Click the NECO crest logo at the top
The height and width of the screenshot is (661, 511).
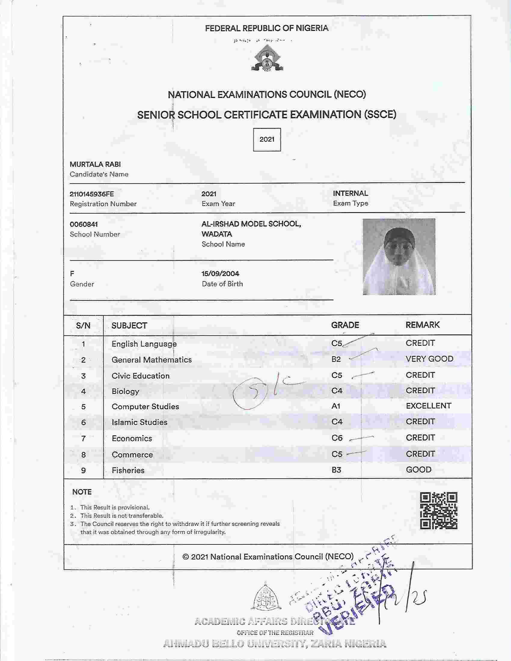coord(267,58)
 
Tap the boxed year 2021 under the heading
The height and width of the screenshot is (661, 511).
coord(267,139)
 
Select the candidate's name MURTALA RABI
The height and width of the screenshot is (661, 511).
coord(95,164)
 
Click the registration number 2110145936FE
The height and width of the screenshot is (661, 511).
coord(92,194)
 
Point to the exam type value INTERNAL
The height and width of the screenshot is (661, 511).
coord(350,193)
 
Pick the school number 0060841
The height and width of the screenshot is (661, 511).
coord(84,224)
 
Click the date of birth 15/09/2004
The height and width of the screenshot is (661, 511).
coord(220,274)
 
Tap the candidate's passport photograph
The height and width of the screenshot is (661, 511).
coord(399,257)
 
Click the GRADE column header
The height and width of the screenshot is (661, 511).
coord(345,325)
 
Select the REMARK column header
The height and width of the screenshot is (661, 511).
coord(422,325)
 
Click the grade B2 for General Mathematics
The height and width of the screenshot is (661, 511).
coord(336,359)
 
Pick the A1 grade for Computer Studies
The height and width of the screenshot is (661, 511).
coord(336,406)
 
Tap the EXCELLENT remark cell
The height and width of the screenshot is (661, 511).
coord(428,406)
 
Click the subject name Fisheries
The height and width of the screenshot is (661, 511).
coord(128,470)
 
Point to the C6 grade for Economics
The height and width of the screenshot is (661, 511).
coord(337,438)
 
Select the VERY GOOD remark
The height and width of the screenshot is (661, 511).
coord(429,359)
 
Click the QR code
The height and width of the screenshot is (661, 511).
coord(438,511)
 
